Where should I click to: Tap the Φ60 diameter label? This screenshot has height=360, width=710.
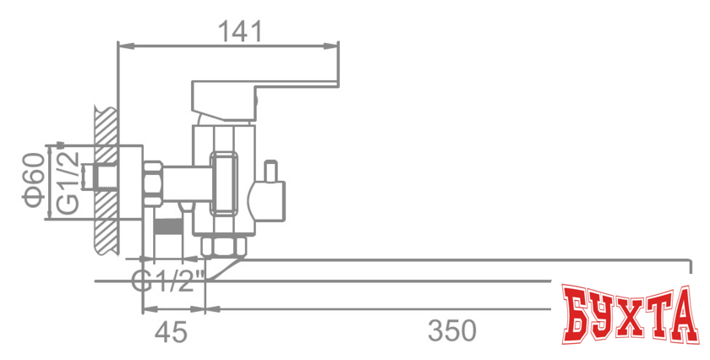pyautogui.click(x=31, y=182)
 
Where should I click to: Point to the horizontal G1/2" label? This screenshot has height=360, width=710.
pyautogui.click(x=169, y=280)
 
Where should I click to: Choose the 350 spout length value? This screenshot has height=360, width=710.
pyautogui.click(x=451, y=330)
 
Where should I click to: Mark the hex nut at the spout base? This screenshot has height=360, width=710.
pyautogui.click(x=225, y=246)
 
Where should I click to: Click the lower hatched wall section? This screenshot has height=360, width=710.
pyautogui.click(x=105, y=232)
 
